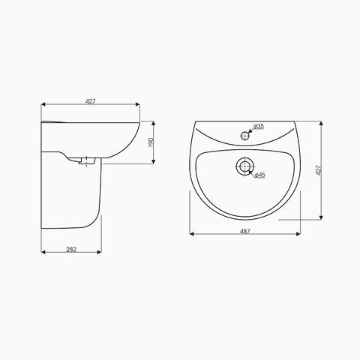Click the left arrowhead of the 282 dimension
tap(42, 251)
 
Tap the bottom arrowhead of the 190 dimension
tap(156, 159)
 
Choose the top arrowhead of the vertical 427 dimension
tap(322, 121)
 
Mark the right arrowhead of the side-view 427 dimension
tap(139, 104)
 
